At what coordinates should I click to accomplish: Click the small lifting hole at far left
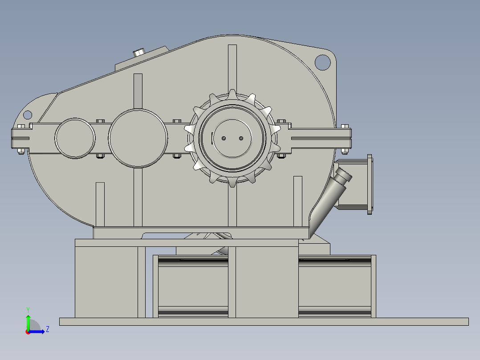pyautogui.click(x=28, y=115)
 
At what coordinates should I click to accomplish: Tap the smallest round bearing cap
pyautogui.click(x=75, y=138)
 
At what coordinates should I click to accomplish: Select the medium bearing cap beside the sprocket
pyautogui.click(x=138, y=138)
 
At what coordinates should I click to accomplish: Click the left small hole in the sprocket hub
pyautogui.click(x=224, y=138)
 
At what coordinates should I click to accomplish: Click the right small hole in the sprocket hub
pyautogui.click(x=241, y=138)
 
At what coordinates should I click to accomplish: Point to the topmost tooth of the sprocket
pyautogui.click(x=232, y=94)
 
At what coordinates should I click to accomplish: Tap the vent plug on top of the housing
pyautogui.click(x=140, y=52)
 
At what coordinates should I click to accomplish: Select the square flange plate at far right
pyautogui.click(x=370, y=184)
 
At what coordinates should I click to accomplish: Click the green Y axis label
pyautogui.click(x=28, y=309)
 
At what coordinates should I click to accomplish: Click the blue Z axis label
pyautogui.click(x=47, y=329)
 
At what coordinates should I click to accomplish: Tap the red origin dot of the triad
pyautogui.click(x=28, y=332)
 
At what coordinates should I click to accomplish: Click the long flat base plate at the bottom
pyautogui.click(x=264, y=322)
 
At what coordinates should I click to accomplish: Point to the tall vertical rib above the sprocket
pyautogui.click(x=232, y=67)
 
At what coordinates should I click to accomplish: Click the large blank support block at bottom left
pyautogui.click(x=106, y=282)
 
